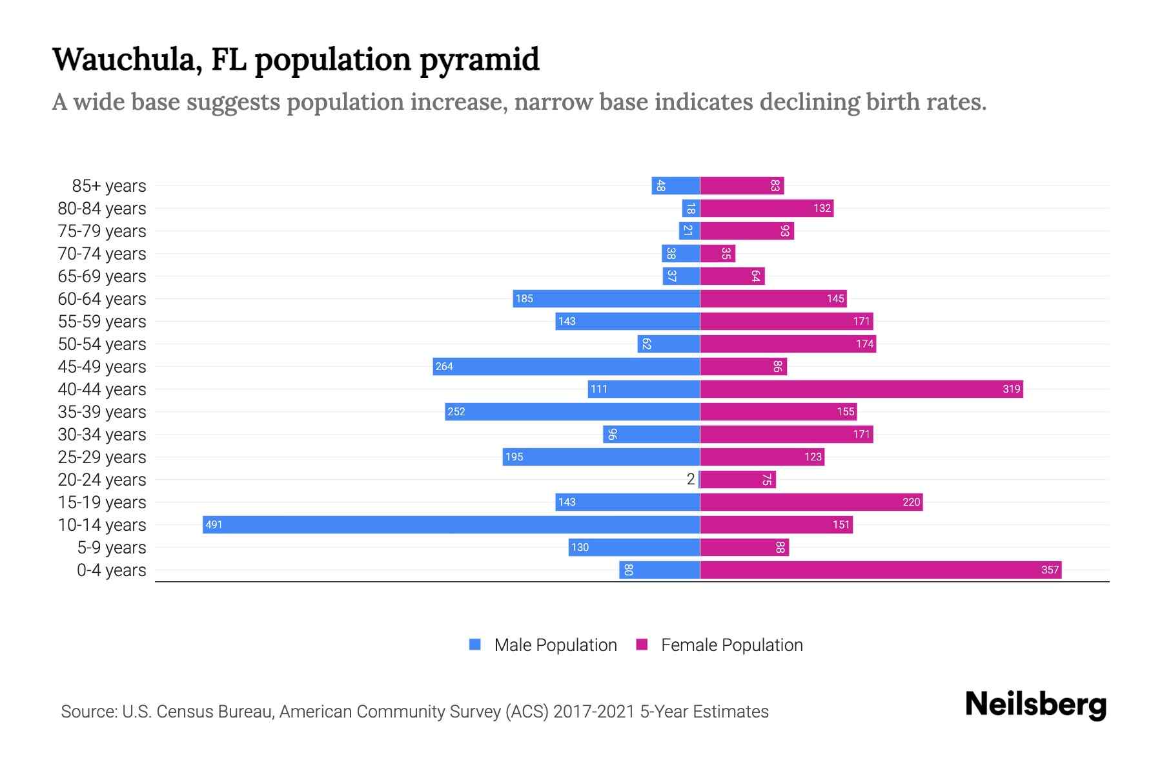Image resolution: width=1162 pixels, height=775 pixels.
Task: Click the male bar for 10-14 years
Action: (452, 524)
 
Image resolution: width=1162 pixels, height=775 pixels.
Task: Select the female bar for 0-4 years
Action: (881, 570)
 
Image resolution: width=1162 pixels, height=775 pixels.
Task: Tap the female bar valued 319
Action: (861, 389)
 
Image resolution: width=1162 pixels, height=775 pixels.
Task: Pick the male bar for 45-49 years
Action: (567, 366)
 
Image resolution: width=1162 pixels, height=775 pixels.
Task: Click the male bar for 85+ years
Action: (676, 186)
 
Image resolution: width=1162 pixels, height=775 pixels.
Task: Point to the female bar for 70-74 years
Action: (717, 254)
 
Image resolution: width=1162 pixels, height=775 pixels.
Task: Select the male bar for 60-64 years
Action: (607, 298)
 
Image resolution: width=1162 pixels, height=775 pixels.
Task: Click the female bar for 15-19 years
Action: (811, 502)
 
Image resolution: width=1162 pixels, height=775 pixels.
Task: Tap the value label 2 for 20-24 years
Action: (691, 479)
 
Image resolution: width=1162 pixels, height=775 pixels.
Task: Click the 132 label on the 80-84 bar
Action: (822, 209)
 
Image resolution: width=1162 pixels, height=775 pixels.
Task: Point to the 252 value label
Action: (456, 412)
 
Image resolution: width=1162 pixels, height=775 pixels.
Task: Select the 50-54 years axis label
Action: (102, 344)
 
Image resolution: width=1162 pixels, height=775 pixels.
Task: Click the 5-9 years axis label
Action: (112, 548)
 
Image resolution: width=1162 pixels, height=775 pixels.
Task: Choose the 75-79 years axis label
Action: (102, 231)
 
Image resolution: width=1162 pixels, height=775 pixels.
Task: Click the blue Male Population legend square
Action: (475, 645)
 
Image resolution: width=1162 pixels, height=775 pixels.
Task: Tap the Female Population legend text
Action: (731, 645)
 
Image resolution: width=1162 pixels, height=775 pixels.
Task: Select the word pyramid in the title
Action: (480, 59)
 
